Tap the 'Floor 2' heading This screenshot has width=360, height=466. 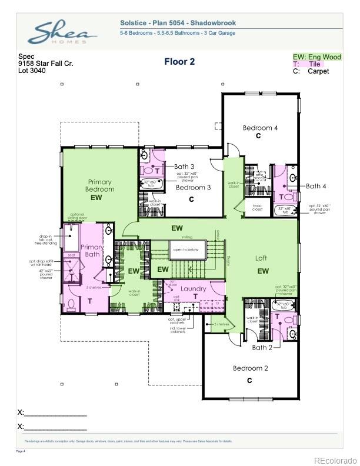[179, 61]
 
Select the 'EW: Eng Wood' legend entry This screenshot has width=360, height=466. [317, 57]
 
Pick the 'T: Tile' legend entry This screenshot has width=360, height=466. [308, 64]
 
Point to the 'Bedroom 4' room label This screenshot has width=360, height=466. [260, 128]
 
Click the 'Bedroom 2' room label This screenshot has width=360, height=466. [250, 368]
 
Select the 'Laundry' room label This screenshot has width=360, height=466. [193, 288]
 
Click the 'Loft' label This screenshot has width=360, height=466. [261, 258]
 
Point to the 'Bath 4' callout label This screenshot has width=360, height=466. [316, 186]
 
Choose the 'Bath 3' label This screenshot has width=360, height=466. [184, 167]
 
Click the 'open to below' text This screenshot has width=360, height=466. [185, 249]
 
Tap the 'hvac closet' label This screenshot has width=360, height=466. [257, 207]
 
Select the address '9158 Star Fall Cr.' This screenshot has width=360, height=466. [45, 64]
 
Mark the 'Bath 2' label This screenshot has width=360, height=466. [262, 348]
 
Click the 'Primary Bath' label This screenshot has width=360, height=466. [92, 251]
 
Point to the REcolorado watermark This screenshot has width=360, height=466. [335, 460]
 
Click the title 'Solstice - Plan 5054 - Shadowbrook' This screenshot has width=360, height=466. [178, 23]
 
